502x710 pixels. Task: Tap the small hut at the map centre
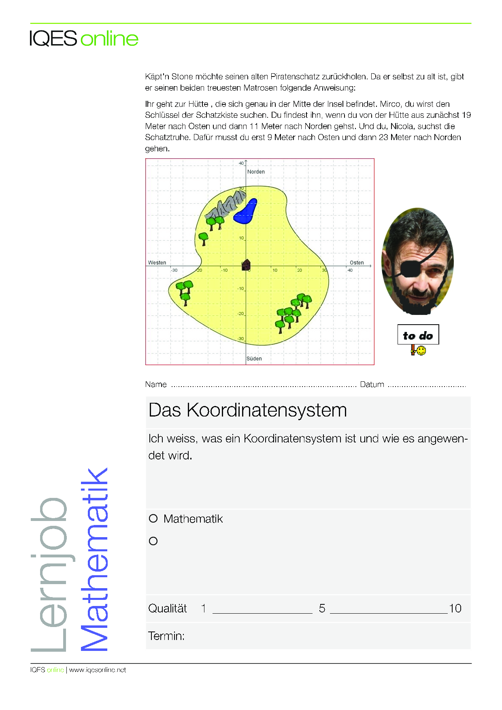pyautogui.click(x=246, y=265)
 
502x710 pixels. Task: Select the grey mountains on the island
pyautogui.click(x=226, y=206)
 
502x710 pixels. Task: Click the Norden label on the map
pyautogui.click(x=256, y=172)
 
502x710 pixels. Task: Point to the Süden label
pyautogui.click(x=254, y=359)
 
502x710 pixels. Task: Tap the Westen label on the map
pyautogui.click(x=157, y=263)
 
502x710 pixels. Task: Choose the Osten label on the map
pyautogui.click(x=357, y=263)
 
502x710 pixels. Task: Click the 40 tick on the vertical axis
pyautogui.click(x=241, y=164)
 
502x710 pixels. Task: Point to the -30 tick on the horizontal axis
pyautogui.click(x=174, y=270)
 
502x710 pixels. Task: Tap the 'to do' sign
pyautogui.click(x=418, y=335)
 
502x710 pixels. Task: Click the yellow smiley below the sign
pyautogui.click(x=421, y=351)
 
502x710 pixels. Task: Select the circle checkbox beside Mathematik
pyautogui.click(x=153, y=519)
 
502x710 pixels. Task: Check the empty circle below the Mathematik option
pyautogui.click(x=153, y=541)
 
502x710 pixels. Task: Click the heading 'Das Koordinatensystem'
pyautogui.click(x=248, y=410)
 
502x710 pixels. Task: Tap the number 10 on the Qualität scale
pyautogui.click(x=455, y=608)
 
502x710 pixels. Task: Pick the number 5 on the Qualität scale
pyautogui.click(x=322, y=608)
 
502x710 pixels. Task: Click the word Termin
pyautogui.click(x=166, y=636)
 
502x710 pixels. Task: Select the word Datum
pyautogui.click(x=372, y=385)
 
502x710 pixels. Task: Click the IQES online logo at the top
pyautogui.click(x=84, y=39)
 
